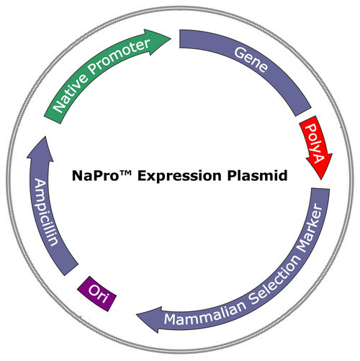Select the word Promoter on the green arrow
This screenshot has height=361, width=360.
[x=120, y=55]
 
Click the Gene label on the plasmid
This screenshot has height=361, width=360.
[x=251, y=59]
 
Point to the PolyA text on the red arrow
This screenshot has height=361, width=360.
[x=315, y=143]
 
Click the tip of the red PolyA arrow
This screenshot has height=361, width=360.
[x=321, y=179]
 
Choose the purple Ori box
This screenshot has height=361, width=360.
[x=96, y=293]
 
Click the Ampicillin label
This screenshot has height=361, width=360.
[x=45, y=212]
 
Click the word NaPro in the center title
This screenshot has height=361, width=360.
[x=96, y=176]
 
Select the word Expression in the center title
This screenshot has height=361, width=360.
[x=179, y=176]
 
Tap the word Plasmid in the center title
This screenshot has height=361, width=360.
[x=257, y=175]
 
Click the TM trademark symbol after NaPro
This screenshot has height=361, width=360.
[x=125, y=172]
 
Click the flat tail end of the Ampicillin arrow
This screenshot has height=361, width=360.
[x=71, y=270]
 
